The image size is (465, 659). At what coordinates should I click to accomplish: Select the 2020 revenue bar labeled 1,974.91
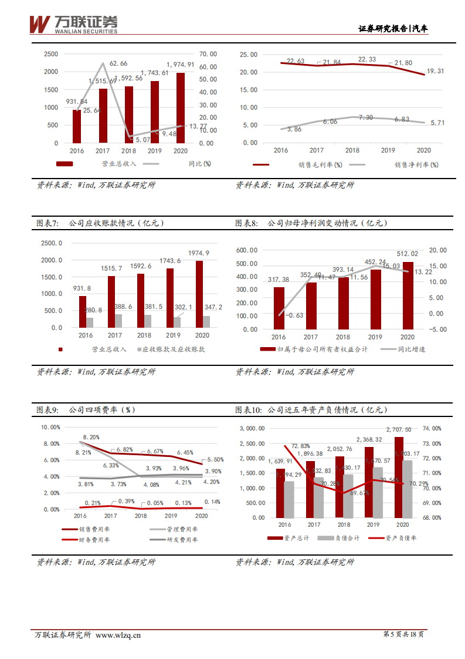(x=181, y=108)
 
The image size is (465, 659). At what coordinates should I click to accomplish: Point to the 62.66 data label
(x=118, y=63)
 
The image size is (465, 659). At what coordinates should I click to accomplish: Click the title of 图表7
(x=100, y=223)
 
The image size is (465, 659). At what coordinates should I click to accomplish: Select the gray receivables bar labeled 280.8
(x=90, y=322)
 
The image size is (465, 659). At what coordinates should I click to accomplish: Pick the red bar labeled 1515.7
(x=111, y=302)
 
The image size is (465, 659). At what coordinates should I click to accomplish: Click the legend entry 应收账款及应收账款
(x=174, y=349)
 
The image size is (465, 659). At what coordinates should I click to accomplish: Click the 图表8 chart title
(x=311, y=223)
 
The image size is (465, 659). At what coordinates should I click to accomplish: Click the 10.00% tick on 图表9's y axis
(x=51, y=428)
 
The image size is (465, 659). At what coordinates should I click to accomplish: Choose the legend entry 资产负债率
(x=401, y=538)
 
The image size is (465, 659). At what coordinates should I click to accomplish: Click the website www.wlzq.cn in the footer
(x=118, y=635)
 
